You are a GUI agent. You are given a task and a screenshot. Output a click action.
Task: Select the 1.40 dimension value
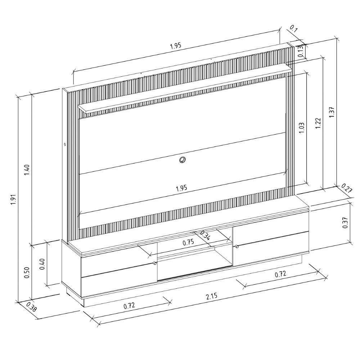tap(27, 170)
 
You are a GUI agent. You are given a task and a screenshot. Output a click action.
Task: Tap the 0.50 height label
tap(27, 273)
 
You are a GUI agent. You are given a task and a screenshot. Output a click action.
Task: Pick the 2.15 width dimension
tap(212, 296)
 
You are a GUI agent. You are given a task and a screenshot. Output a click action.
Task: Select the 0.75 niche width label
tap(188, 242)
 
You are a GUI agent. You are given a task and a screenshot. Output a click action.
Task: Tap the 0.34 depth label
tap(205, 235)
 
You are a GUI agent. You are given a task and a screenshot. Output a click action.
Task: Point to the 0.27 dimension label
tap(346, 188)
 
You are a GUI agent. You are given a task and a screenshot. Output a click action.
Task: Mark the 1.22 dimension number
tap(318, 123)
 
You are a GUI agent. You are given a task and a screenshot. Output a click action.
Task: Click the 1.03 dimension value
tap(302, 128)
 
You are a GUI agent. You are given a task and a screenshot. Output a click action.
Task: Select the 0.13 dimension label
tap(301, 51)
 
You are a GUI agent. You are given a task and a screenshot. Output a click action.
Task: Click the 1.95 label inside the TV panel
tap(181, 188)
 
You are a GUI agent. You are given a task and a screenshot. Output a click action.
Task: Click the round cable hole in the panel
tap(183, 159)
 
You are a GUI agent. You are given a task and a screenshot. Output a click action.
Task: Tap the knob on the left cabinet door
tap(155, 263)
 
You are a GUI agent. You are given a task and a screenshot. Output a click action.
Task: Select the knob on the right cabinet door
tap(237, 247)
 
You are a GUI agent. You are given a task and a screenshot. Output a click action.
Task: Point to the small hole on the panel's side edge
tap(65, 144)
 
